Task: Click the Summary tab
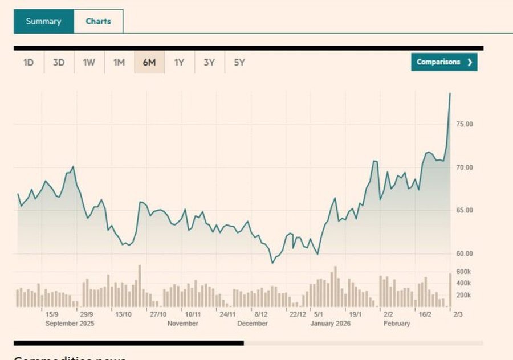point(43,22)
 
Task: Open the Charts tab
point(98,22)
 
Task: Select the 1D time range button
point(29,63)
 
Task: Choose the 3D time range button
point(59,63)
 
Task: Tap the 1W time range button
point(89,63)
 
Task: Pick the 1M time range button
point(119,63)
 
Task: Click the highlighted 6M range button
point(149,63)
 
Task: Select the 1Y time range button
point(179,63)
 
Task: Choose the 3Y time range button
point(209,63)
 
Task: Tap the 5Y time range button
point(239,63)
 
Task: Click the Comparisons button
point(444,62)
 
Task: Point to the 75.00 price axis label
point(464,124)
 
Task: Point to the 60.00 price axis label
point(464,253)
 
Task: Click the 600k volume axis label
point(463,272)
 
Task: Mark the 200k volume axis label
point(463,295)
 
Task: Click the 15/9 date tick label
point(51,314)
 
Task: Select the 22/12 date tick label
point(298,314)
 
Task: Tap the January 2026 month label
point(331,324)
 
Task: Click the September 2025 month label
point(69,324)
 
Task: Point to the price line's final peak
point(450,93)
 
